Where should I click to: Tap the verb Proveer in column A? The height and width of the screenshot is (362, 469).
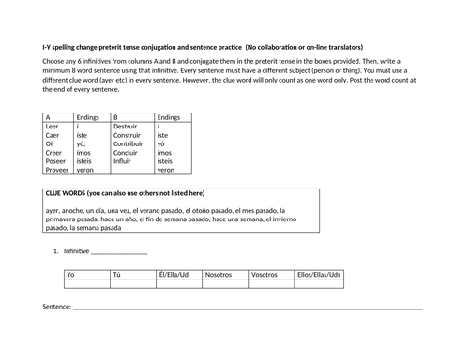click(x=57, y=170)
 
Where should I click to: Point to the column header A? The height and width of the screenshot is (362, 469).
click(x=49, y=117)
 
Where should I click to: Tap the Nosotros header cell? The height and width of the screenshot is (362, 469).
click(x=219, y=274)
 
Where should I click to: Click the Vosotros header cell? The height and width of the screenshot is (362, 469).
click(x=265, y=274)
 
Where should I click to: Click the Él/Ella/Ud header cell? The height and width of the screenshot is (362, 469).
click(x=174, y=274)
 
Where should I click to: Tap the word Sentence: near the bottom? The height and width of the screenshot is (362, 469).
click(x=56, y=307)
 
